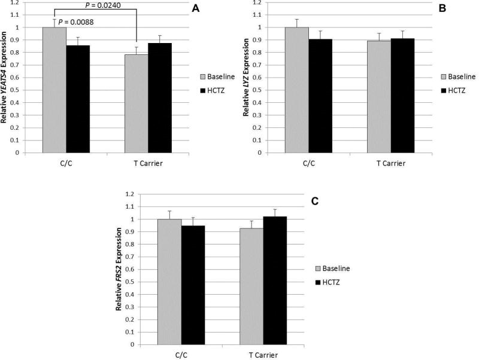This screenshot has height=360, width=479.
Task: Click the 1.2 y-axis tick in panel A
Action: pos(23,2)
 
